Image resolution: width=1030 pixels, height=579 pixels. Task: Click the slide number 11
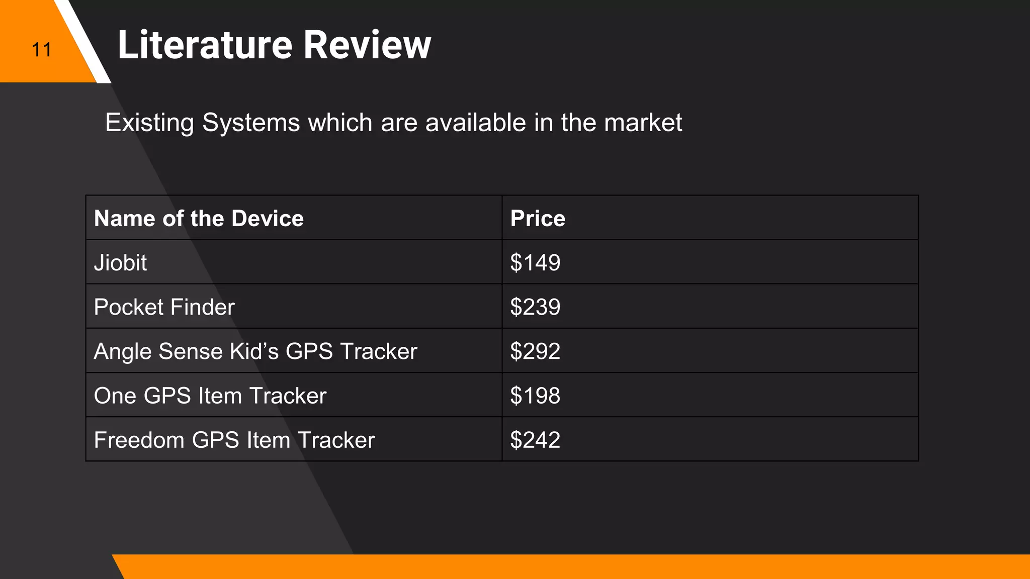[41, 50]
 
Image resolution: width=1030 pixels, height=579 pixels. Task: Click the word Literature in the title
[205, 45]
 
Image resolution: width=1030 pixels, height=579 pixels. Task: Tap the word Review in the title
[367, 45]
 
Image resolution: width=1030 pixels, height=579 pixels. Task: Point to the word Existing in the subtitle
[149, 123]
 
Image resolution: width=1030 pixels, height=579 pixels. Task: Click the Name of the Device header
[199, 219]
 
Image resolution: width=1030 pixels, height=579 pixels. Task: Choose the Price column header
[538, 219]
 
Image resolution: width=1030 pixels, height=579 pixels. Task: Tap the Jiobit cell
[120, 263]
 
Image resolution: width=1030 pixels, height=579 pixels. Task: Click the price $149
[535, 263]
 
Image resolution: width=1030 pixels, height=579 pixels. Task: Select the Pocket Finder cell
[164, 307]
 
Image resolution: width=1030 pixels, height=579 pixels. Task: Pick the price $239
[535, 307]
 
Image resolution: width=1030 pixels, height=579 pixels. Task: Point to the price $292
[535, 351]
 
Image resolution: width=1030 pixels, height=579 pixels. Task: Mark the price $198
[535, 396]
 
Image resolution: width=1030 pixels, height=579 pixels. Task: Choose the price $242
[535, 440]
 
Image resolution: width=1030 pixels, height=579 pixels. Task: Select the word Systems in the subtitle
[251, 123]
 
